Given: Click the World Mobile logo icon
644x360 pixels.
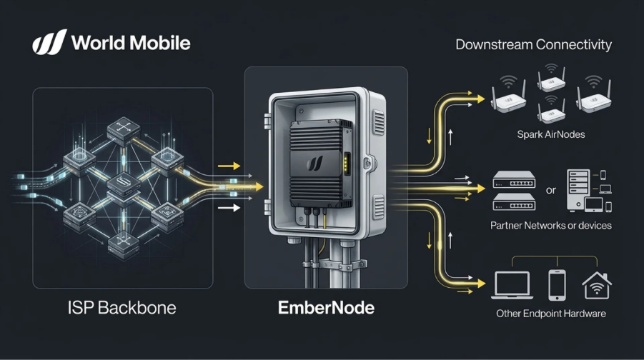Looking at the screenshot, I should point(50,42).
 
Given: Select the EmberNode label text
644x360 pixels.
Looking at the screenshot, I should point(325,309).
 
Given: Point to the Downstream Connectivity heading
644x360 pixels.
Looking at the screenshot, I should point(533,45).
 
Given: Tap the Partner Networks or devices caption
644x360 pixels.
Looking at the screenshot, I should point(550,226).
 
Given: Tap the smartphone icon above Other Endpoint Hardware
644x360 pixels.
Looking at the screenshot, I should point(557,285).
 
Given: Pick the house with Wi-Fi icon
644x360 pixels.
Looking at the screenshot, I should point(598,284).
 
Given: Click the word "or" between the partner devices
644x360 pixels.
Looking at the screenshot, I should point(550,190).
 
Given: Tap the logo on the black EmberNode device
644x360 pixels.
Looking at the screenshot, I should point(313,164).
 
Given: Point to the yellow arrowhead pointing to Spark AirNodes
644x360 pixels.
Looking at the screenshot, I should point(480,94).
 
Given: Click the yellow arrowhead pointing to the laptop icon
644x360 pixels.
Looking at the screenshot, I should point(480,281).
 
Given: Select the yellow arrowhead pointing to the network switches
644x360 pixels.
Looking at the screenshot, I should point(480,189).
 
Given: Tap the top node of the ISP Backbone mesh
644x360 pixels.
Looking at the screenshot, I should point(120,131).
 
